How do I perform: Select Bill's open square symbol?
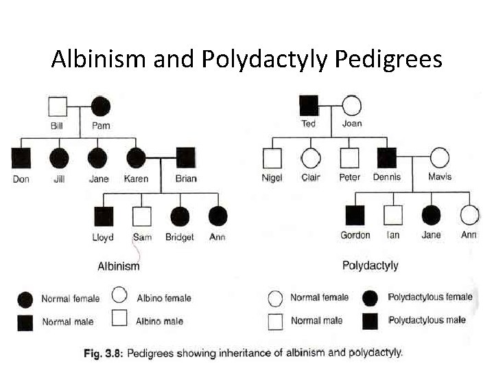(58, 106)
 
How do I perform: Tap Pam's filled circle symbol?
(100, 106)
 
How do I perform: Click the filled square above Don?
(21, 157)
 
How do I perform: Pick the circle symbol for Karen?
(135, 157)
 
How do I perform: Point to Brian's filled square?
(185, 157)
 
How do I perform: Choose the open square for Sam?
(141, 216)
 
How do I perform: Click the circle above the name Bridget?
(180, 216)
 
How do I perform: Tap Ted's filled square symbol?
(309, 105)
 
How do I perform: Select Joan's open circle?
(351, 105)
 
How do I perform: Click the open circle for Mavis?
(439, 157)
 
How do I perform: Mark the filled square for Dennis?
(387, 157)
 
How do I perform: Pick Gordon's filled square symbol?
(355, 215)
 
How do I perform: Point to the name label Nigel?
(272, 177)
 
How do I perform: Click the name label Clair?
(311, 177)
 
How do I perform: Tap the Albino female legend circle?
(119, 295)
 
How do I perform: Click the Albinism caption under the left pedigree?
(119, 266)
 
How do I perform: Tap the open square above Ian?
(392, 215)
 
